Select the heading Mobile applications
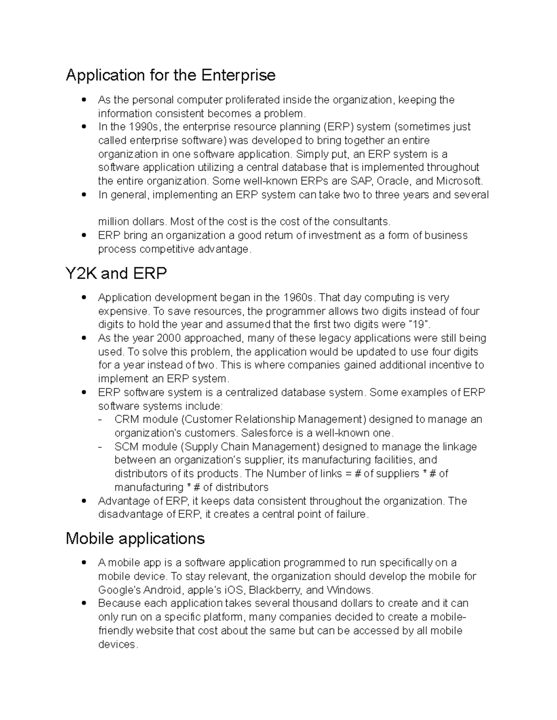[x=135, y=538]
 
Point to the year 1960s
[x=298, y=298]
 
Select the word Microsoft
[x=460, y=181]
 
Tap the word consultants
[x=358, y=222]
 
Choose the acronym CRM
[x=127, y=420]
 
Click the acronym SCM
[x=127, y=447]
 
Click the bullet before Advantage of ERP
[x=84, y=501]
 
